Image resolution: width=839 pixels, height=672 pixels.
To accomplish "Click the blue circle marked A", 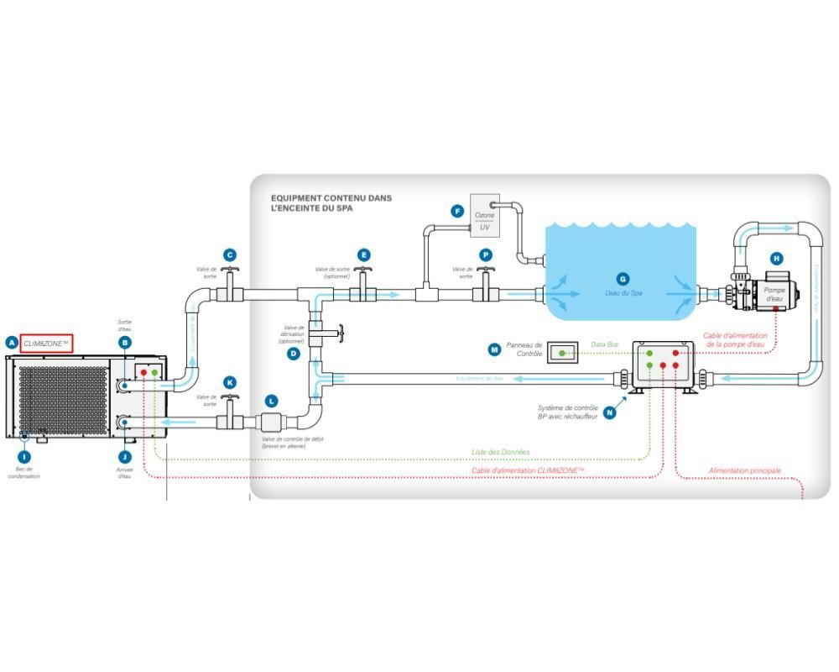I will click(x=12, y=343).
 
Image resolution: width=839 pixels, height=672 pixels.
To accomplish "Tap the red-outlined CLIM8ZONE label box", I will click(x=47, y=344).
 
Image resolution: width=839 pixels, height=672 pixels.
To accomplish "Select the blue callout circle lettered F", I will click(x=457, y=212).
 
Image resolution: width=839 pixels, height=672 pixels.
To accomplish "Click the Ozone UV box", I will click(x=485, y=215).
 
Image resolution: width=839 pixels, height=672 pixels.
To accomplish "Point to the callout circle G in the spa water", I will click(x=623, y=279).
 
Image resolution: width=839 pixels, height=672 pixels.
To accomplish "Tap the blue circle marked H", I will click(x=776, y=259).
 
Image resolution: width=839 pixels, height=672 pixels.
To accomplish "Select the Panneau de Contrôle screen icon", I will click(x=562, y=353).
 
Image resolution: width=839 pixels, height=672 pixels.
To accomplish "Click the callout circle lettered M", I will click(x=494, y=349).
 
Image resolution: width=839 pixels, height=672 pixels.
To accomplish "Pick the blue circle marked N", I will click(x=610, y=412).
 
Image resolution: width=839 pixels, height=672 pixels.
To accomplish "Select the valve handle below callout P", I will click(x=485, y=271).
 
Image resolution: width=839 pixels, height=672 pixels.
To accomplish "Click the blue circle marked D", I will click(x=294, y=354).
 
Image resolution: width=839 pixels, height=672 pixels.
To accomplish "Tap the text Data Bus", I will click(x=604, y=344).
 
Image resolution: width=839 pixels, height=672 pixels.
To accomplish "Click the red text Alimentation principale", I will click(x=744, y=470).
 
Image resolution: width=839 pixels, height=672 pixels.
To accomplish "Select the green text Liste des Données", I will click(x=500, y=452).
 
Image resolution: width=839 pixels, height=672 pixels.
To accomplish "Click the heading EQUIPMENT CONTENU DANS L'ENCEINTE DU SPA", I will click(x=331, y=203).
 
